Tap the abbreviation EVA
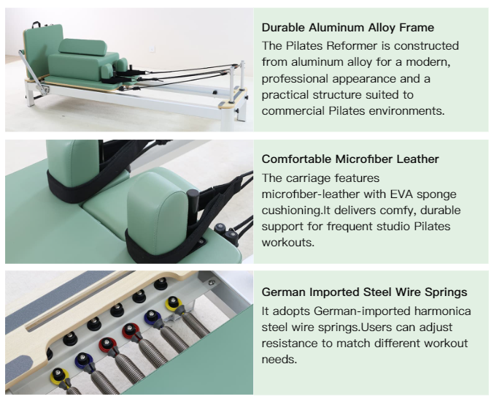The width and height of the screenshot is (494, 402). tap(401, 194)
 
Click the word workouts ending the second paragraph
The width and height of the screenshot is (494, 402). tap(288, 243)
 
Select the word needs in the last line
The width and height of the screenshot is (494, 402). tap(279, 360)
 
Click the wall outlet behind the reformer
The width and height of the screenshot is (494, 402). tap(153, 49)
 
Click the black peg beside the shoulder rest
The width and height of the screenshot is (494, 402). tap(193, 202)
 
